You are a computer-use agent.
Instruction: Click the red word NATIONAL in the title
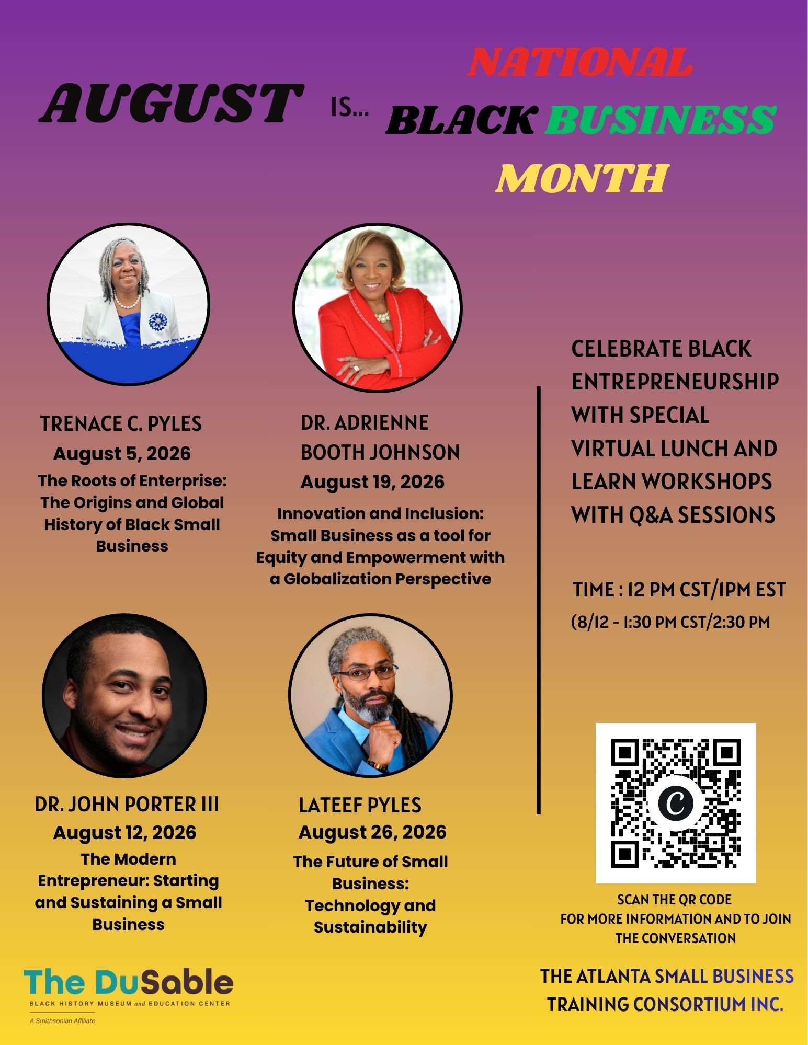coord(579,62)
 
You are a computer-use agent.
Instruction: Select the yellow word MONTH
coord(582,178)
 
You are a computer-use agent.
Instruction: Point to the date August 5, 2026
coord(122,453)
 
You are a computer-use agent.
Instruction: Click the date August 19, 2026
coord(372,481)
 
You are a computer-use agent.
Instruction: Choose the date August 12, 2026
coord(124,832)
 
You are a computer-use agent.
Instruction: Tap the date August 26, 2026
coord(372,832)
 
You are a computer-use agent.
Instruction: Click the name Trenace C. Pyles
coord(121,423)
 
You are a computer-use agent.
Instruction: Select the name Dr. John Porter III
coord(127,804)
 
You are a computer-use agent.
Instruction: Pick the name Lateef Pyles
coord(360,805)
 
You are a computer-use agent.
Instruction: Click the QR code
coord(676,803)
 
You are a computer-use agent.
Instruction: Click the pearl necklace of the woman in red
coord(381,317)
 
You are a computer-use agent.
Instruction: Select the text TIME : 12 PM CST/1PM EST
coord(679,590)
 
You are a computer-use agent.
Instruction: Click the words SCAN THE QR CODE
coord(675,900)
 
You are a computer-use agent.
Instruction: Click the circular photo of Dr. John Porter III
coord(124,696)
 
